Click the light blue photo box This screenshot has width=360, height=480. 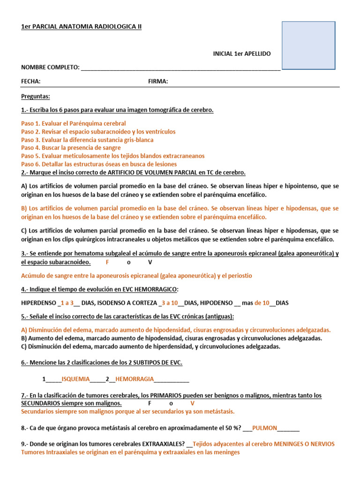(308, 45)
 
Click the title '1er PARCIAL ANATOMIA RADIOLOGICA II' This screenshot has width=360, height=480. (81, 27)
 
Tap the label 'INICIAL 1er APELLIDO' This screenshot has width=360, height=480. (242, 54)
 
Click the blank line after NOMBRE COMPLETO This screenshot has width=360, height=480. (180, 68)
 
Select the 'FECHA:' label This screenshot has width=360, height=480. (31, 82)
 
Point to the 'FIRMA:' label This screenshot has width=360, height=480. (158, 82)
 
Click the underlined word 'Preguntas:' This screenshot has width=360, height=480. (36, 97)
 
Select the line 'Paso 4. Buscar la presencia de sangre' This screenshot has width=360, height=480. (71, 148)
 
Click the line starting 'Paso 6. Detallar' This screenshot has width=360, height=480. (99, 164)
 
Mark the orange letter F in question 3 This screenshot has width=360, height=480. (107, 262)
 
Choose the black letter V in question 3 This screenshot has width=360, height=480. (150, 262)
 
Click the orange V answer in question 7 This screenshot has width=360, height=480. (192, 403)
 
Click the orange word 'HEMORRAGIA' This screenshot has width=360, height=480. (135, 379)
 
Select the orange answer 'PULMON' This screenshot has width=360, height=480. (265, 427)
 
